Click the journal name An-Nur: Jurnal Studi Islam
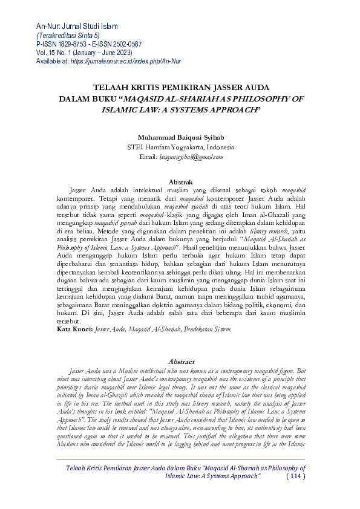(x=77, y=26)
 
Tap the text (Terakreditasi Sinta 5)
(x=68, y=36)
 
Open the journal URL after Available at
(x=126, y=61)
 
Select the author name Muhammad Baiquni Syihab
(x=180, y=137)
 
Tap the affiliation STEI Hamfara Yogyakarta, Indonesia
(x=180, y=147)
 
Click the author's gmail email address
(x=191, y=157)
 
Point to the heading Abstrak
(x=180, y=181)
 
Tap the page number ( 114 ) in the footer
(x=295, y=493)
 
